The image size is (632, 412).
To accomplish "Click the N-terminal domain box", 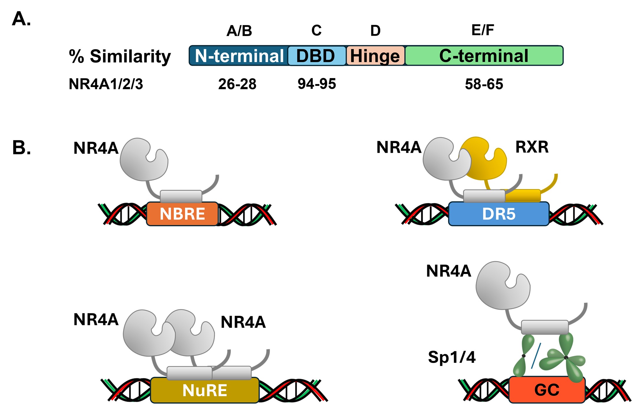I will click(x=239, y=56).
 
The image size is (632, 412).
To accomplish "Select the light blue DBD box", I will click(x=316, y=56).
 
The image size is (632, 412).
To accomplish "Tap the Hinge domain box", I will click(x=375, y=56).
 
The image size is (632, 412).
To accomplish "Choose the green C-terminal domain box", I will click(x=484, y=56).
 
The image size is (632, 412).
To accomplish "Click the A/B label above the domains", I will click(x=239, y=31).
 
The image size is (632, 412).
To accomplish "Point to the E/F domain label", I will click(x=483, y=30).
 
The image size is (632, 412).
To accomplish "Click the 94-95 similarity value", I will click(x=317, y=84).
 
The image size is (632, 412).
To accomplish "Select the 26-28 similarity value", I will click(x=237, y=84).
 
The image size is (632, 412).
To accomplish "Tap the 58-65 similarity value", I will click(x=484, y=84).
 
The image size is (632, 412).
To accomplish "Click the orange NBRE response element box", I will click(x=182, y=214).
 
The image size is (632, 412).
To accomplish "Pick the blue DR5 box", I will click(x=499, y=214).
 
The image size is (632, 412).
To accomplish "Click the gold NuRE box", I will click(x=204, y=390).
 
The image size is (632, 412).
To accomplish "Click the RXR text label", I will click(x=532, y=147).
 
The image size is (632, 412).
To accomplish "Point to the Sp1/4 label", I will click(x=452, y=357).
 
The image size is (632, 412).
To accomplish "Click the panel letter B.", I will click(x=21, y=147).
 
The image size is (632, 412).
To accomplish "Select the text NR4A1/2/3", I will click(x=106, y=84).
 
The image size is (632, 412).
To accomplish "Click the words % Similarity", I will click(x=120, y=56).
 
